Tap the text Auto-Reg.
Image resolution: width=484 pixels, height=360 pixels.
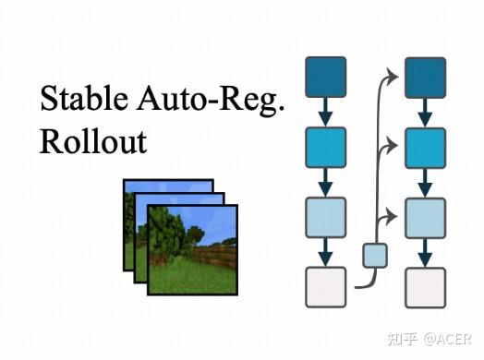click(x=213, y=101)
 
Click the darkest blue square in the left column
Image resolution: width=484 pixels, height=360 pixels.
click(x=325, y=77)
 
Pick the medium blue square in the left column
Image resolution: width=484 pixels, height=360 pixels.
click(x=325, y=147)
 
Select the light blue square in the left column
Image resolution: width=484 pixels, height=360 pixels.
click(x=325, y=217)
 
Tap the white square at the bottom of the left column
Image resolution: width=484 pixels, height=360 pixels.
click(x=325, y=287)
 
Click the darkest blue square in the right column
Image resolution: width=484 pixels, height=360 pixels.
click(x=426, y=77)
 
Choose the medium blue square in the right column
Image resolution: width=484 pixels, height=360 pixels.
click(x=426, y=147)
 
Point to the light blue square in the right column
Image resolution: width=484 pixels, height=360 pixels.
click(x=426, y=217)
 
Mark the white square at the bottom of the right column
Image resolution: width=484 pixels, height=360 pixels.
click(x=426, y=287)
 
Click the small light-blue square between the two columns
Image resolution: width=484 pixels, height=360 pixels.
click(x=374, y=254)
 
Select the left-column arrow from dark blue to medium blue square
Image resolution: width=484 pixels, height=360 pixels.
click(x=325, y=112)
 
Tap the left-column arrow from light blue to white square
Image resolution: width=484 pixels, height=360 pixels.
click(x=325, y=252)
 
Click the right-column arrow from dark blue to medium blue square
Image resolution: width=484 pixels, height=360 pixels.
click(x=426, y=112)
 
